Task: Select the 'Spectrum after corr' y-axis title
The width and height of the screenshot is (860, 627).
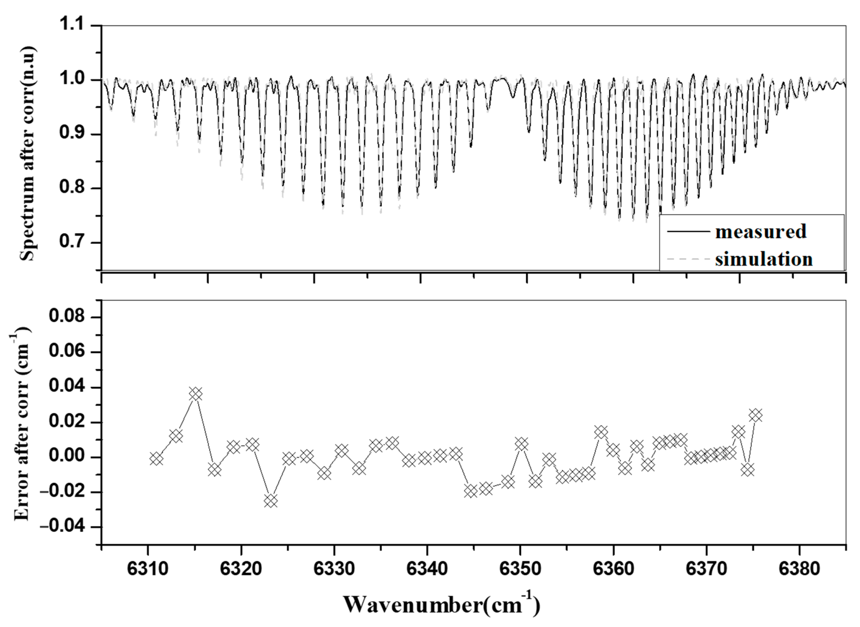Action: coord(27,154)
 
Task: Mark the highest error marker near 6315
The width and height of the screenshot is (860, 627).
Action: coord(196,394)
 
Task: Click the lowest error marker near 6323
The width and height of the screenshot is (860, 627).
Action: coord(271,501)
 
